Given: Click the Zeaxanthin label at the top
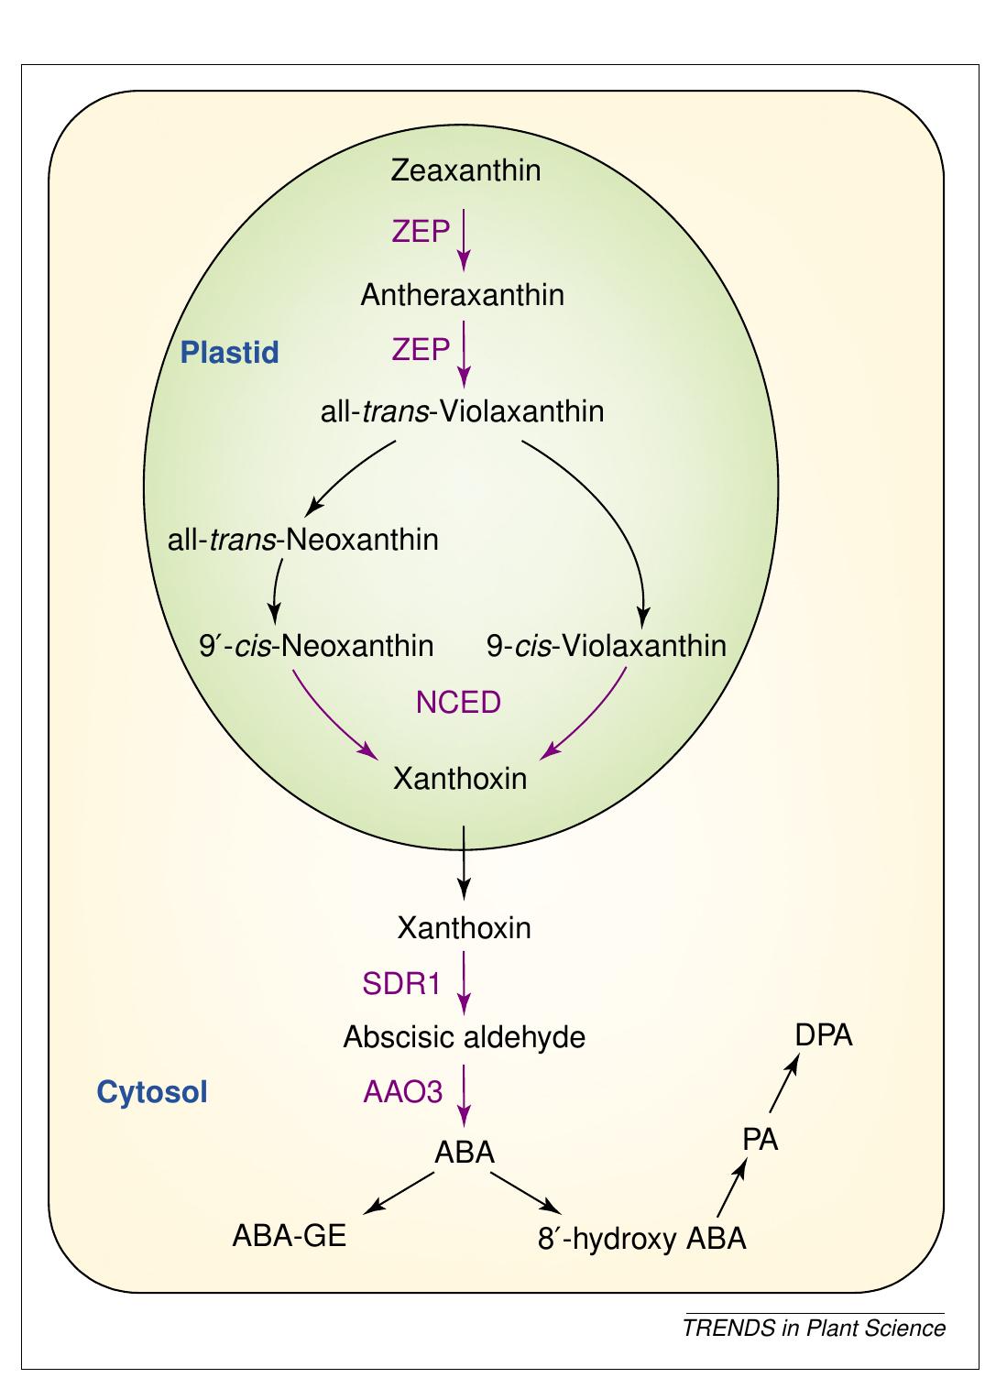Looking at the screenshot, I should click(465, 170).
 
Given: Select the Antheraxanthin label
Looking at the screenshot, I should click(462, 295).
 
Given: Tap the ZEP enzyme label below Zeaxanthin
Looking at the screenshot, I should click(421, 232).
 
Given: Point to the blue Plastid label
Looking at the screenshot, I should click(229, 353).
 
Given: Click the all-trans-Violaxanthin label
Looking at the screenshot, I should click(462, 411).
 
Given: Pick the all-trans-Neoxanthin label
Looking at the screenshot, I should click(302, 540).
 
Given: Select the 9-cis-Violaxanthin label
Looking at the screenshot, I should click(606, 647).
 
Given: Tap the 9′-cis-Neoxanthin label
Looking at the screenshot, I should click(316, 647).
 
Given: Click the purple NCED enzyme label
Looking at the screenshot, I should click(458, 703).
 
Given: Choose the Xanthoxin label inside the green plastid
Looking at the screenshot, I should click(460, 779).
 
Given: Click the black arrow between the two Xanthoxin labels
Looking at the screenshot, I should click(464, 861).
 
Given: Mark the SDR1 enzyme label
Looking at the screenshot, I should click(401, 985).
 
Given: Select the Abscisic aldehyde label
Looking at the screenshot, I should click(464, 1037).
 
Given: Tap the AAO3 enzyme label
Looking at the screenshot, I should click(402, 1092).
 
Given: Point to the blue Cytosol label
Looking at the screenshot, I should click(152, 1092).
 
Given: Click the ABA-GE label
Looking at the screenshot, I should click(289, 1236).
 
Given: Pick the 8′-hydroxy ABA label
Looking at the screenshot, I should click(641, 1240).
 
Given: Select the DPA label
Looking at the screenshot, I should click(823, 1035).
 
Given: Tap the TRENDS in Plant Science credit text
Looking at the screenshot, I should click(814, 1328).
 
